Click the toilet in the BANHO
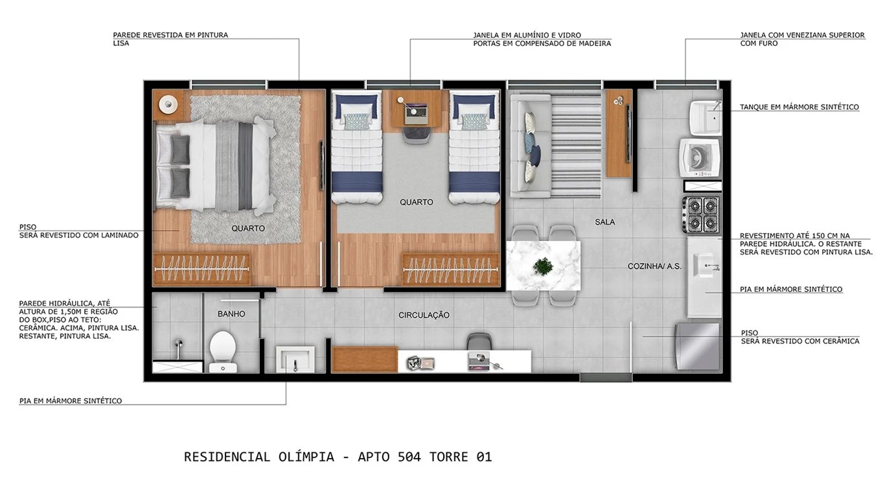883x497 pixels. click(223, 349)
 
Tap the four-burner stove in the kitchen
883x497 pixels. click(700, 214)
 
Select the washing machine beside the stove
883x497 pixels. click(699, 157)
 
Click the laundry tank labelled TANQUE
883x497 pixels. click(705, 117)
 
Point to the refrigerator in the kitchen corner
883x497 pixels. click(698, 346)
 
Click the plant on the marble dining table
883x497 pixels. click(543, 266)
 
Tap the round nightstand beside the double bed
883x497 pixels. click(168, 104)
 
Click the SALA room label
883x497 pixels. click(604, 222)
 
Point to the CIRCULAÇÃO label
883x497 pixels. click(424, 316)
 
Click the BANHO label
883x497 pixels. click(231, 314)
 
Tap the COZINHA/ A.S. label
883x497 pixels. click(654, 266)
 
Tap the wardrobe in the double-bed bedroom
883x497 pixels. click(201, 269)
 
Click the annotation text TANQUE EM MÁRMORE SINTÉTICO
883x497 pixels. click(799, 108)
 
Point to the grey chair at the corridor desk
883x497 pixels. click(479, 341)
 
